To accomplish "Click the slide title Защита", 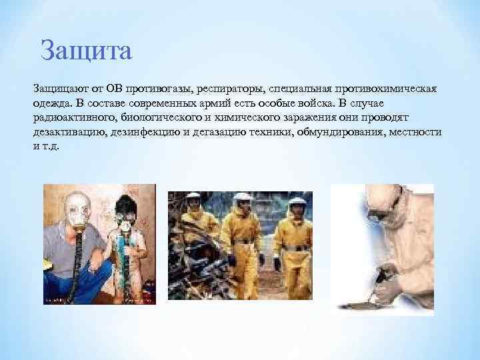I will pyautogui.click(x=87, y=51).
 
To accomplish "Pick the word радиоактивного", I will pyautogui.click(x=74, y=118).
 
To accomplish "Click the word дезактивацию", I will pyautogui.click(x=67, y=132).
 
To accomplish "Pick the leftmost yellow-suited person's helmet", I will pyautogui.click(x=194, y=199).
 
